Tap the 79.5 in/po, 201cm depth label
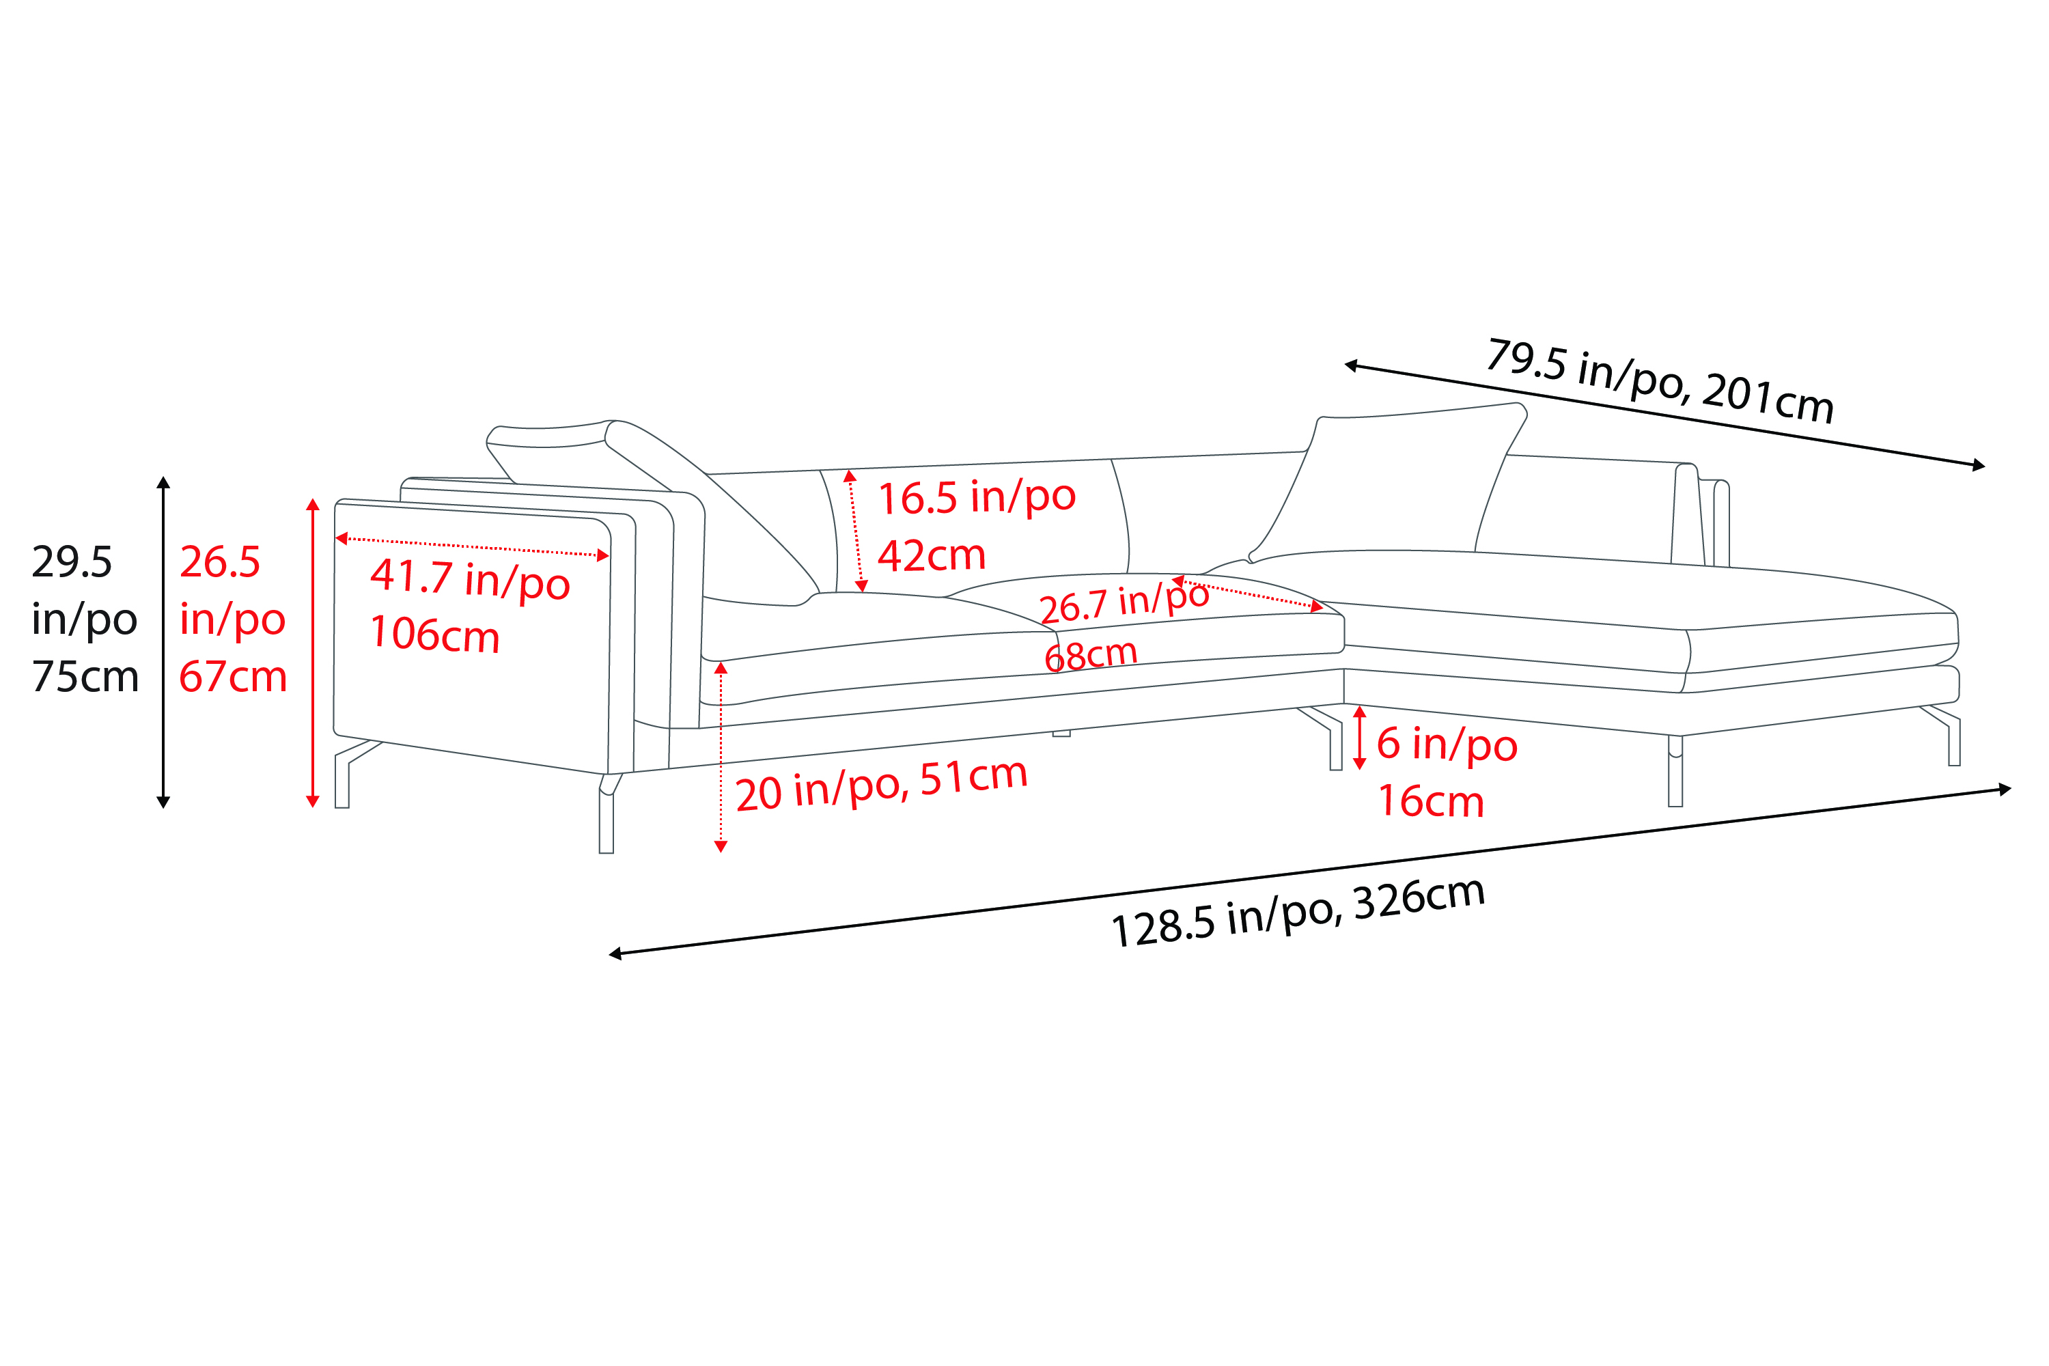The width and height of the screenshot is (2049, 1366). point(1660,380)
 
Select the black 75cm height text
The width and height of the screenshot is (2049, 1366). point(85,677)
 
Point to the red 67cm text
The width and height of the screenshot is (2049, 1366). point(233,677)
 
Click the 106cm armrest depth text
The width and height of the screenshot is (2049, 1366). point(434,635)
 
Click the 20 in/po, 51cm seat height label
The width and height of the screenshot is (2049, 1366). point(882,784)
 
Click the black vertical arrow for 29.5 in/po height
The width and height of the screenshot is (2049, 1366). point(163,642)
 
